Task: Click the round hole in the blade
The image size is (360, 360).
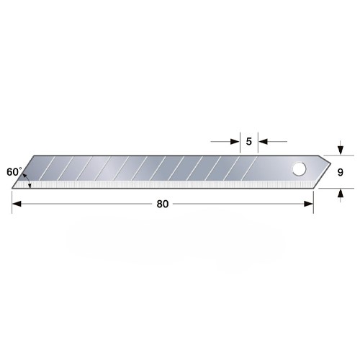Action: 299,169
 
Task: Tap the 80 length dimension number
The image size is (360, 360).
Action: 163,204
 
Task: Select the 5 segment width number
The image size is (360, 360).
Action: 249,141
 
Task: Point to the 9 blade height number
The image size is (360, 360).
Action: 340,172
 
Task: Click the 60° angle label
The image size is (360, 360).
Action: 14,172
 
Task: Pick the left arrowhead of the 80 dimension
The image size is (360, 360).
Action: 17,204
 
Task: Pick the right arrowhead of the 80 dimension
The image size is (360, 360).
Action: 309,204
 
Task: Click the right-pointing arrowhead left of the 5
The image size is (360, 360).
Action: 235,142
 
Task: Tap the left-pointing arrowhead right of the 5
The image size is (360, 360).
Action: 263,142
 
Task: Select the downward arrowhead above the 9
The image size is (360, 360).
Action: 341,150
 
